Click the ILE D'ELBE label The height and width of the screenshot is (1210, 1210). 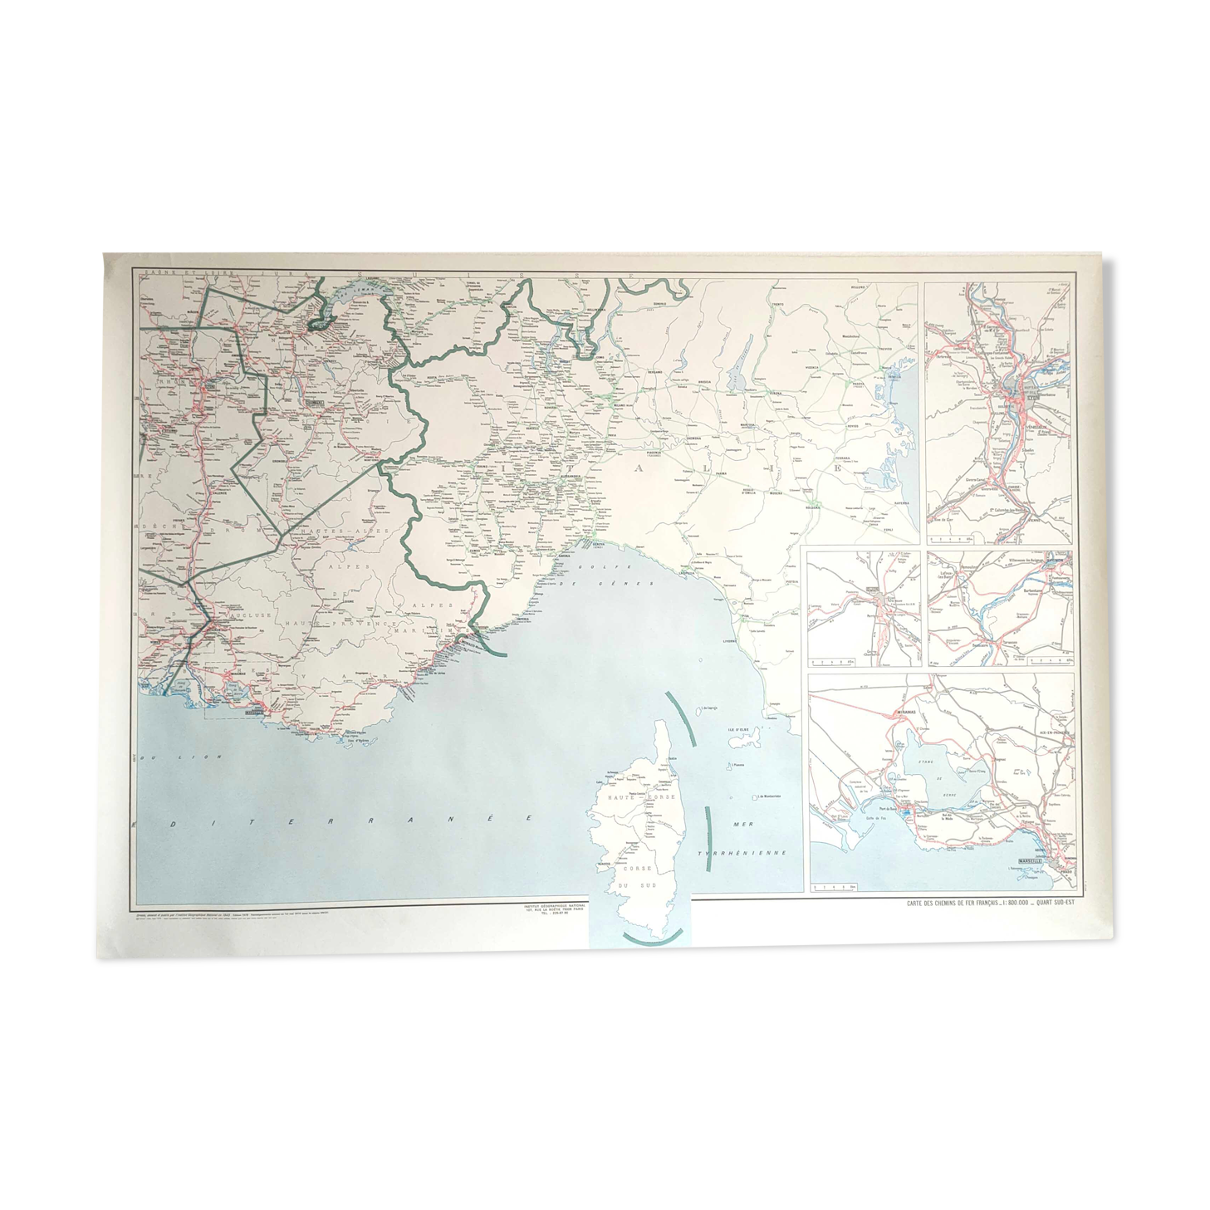738,729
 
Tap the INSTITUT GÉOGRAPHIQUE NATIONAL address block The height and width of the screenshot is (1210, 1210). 550,909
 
